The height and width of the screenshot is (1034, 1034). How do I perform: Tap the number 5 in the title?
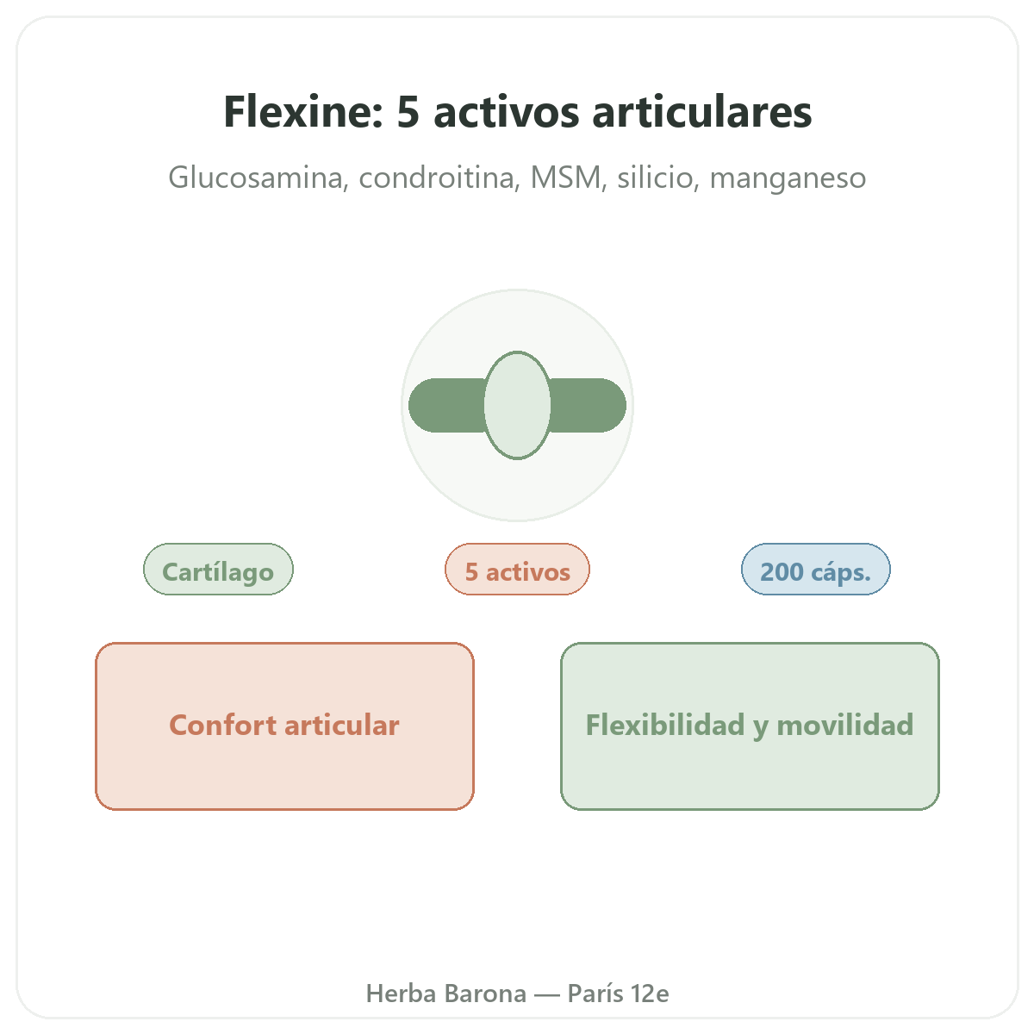(408, 113)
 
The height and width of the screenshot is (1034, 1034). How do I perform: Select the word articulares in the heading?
(702, 112)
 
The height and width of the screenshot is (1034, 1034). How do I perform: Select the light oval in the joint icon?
(517, 405)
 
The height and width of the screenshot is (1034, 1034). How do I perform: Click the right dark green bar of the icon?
(588, 405)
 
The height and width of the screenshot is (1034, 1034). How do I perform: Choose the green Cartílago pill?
(218, 569)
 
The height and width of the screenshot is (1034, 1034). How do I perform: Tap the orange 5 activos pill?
(517, 569)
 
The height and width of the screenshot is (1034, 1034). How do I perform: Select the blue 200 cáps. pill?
(816, 569)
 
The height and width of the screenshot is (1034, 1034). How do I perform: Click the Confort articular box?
(284, 726)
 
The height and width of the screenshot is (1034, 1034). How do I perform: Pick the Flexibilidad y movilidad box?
(750, 726)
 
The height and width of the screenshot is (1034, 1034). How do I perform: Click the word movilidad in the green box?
(844, 725)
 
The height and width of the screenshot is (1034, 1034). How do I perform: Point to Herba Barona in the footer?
(445, 994)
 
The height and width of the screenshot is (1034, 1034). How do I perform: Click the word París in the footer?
(595, 994)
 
